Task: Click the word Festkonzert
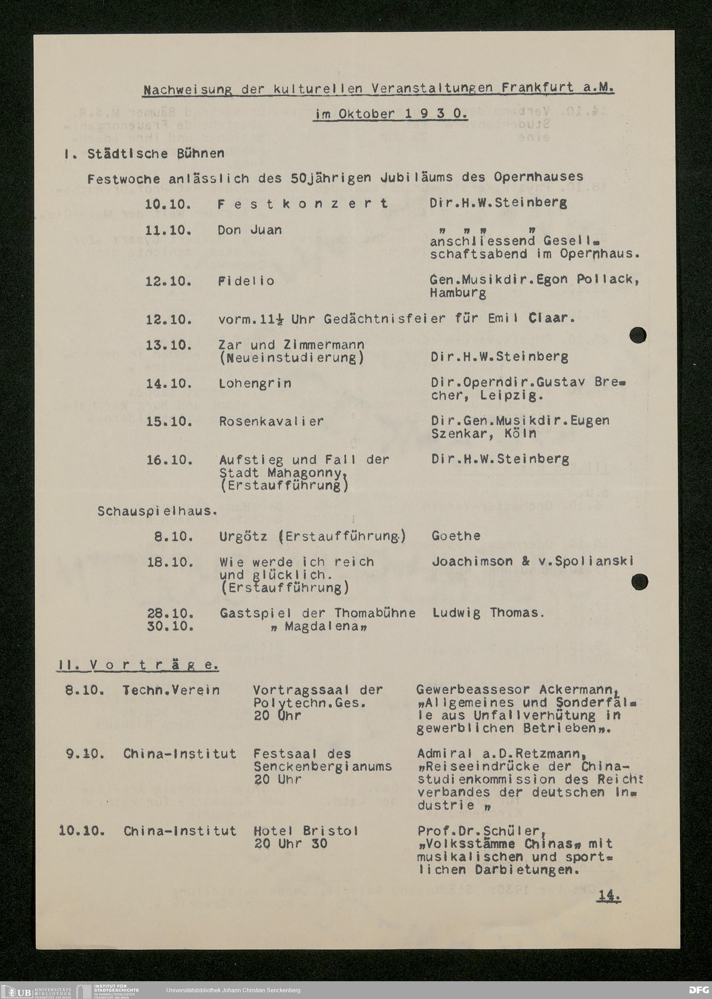point(303,204)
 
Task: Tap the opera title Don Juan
point(250,231)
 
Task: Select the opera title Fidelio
point(246,281)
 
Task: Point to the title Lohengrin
point(255,384)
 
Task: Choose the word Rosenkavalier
point(271,422)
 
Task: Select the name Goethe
point(456,536)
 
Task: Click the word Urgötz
point(243,537)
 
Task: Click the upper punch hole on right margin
point(638,335)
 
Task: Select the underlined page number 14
point(608,897)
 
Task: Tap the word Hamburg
point(458,294)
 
